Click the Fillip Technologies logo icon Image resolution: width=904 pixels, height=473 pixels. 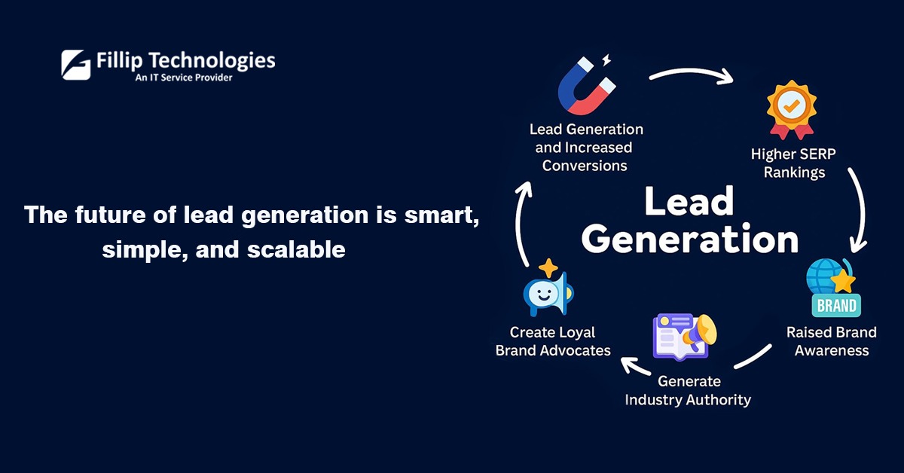coord(76,65)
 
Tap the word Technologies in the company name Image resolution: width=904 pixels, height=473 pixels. coord(212,61)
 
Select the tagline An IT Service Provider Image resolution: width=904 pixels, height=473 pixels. coord(184,78)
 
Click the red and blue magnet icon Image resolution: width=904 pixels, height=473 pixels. coord(587,86)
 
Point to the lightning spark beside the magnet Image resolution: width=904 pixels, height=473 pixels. coord(606,60)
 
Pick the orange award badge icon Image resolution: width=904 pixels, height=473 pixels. coord(792,110)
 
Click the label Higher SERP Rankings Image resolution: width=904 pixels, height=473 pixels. coord(793,163)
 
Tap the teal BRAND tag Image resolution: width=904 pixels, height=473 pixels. coord(836,306)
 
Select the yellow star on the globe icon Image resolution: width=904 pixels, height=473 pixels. coord(843,281)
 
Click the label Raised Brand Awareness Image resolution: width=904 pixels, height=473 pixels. coord(832,341)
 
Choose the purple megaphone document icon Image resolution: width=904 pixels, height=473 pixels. coord(685,337)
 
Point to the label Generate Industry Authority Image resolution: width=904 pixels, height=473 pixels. coord(688,391)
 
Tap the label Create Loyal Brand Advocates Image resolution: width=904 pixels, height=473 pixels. coord(553,341)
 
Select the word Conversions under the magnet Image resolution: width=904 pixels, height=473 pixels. coord(585,166)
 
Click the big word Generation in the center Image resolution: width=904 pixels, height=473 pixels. coord(690,240)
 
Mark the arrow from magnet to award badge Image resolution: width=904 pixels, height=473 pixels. coord(691,71)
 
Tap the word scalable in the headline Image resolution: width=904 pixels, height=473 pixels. coord(296,249)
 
